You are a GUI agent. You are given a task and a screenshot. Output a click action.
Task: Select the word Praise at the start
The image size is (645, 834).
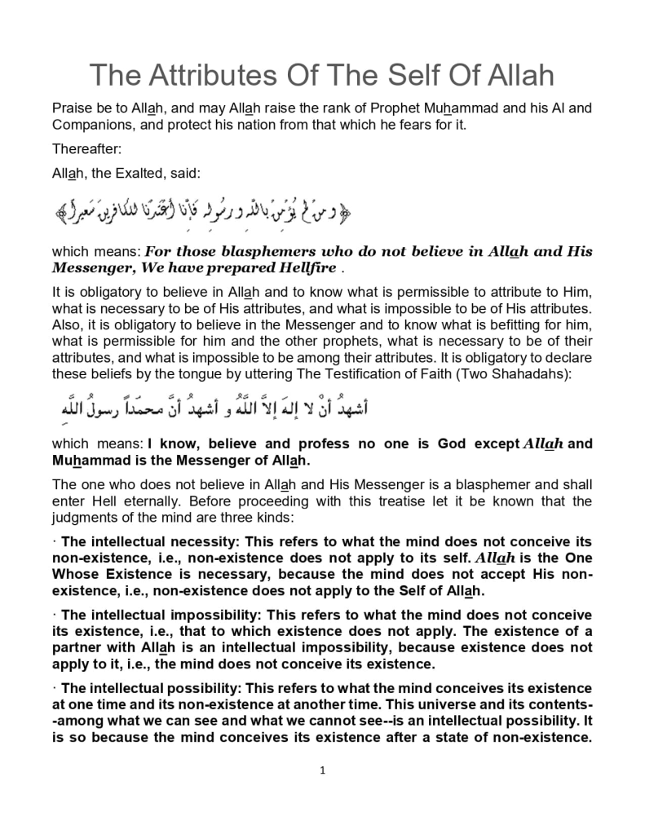click(72, 108)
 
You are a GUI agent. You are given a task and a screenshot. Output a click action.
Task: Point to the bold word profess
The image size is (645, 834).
click(355, 444)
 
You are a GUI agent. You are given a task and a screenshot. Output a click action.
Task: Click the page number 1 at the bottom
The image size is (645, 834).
click(323, 771)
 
